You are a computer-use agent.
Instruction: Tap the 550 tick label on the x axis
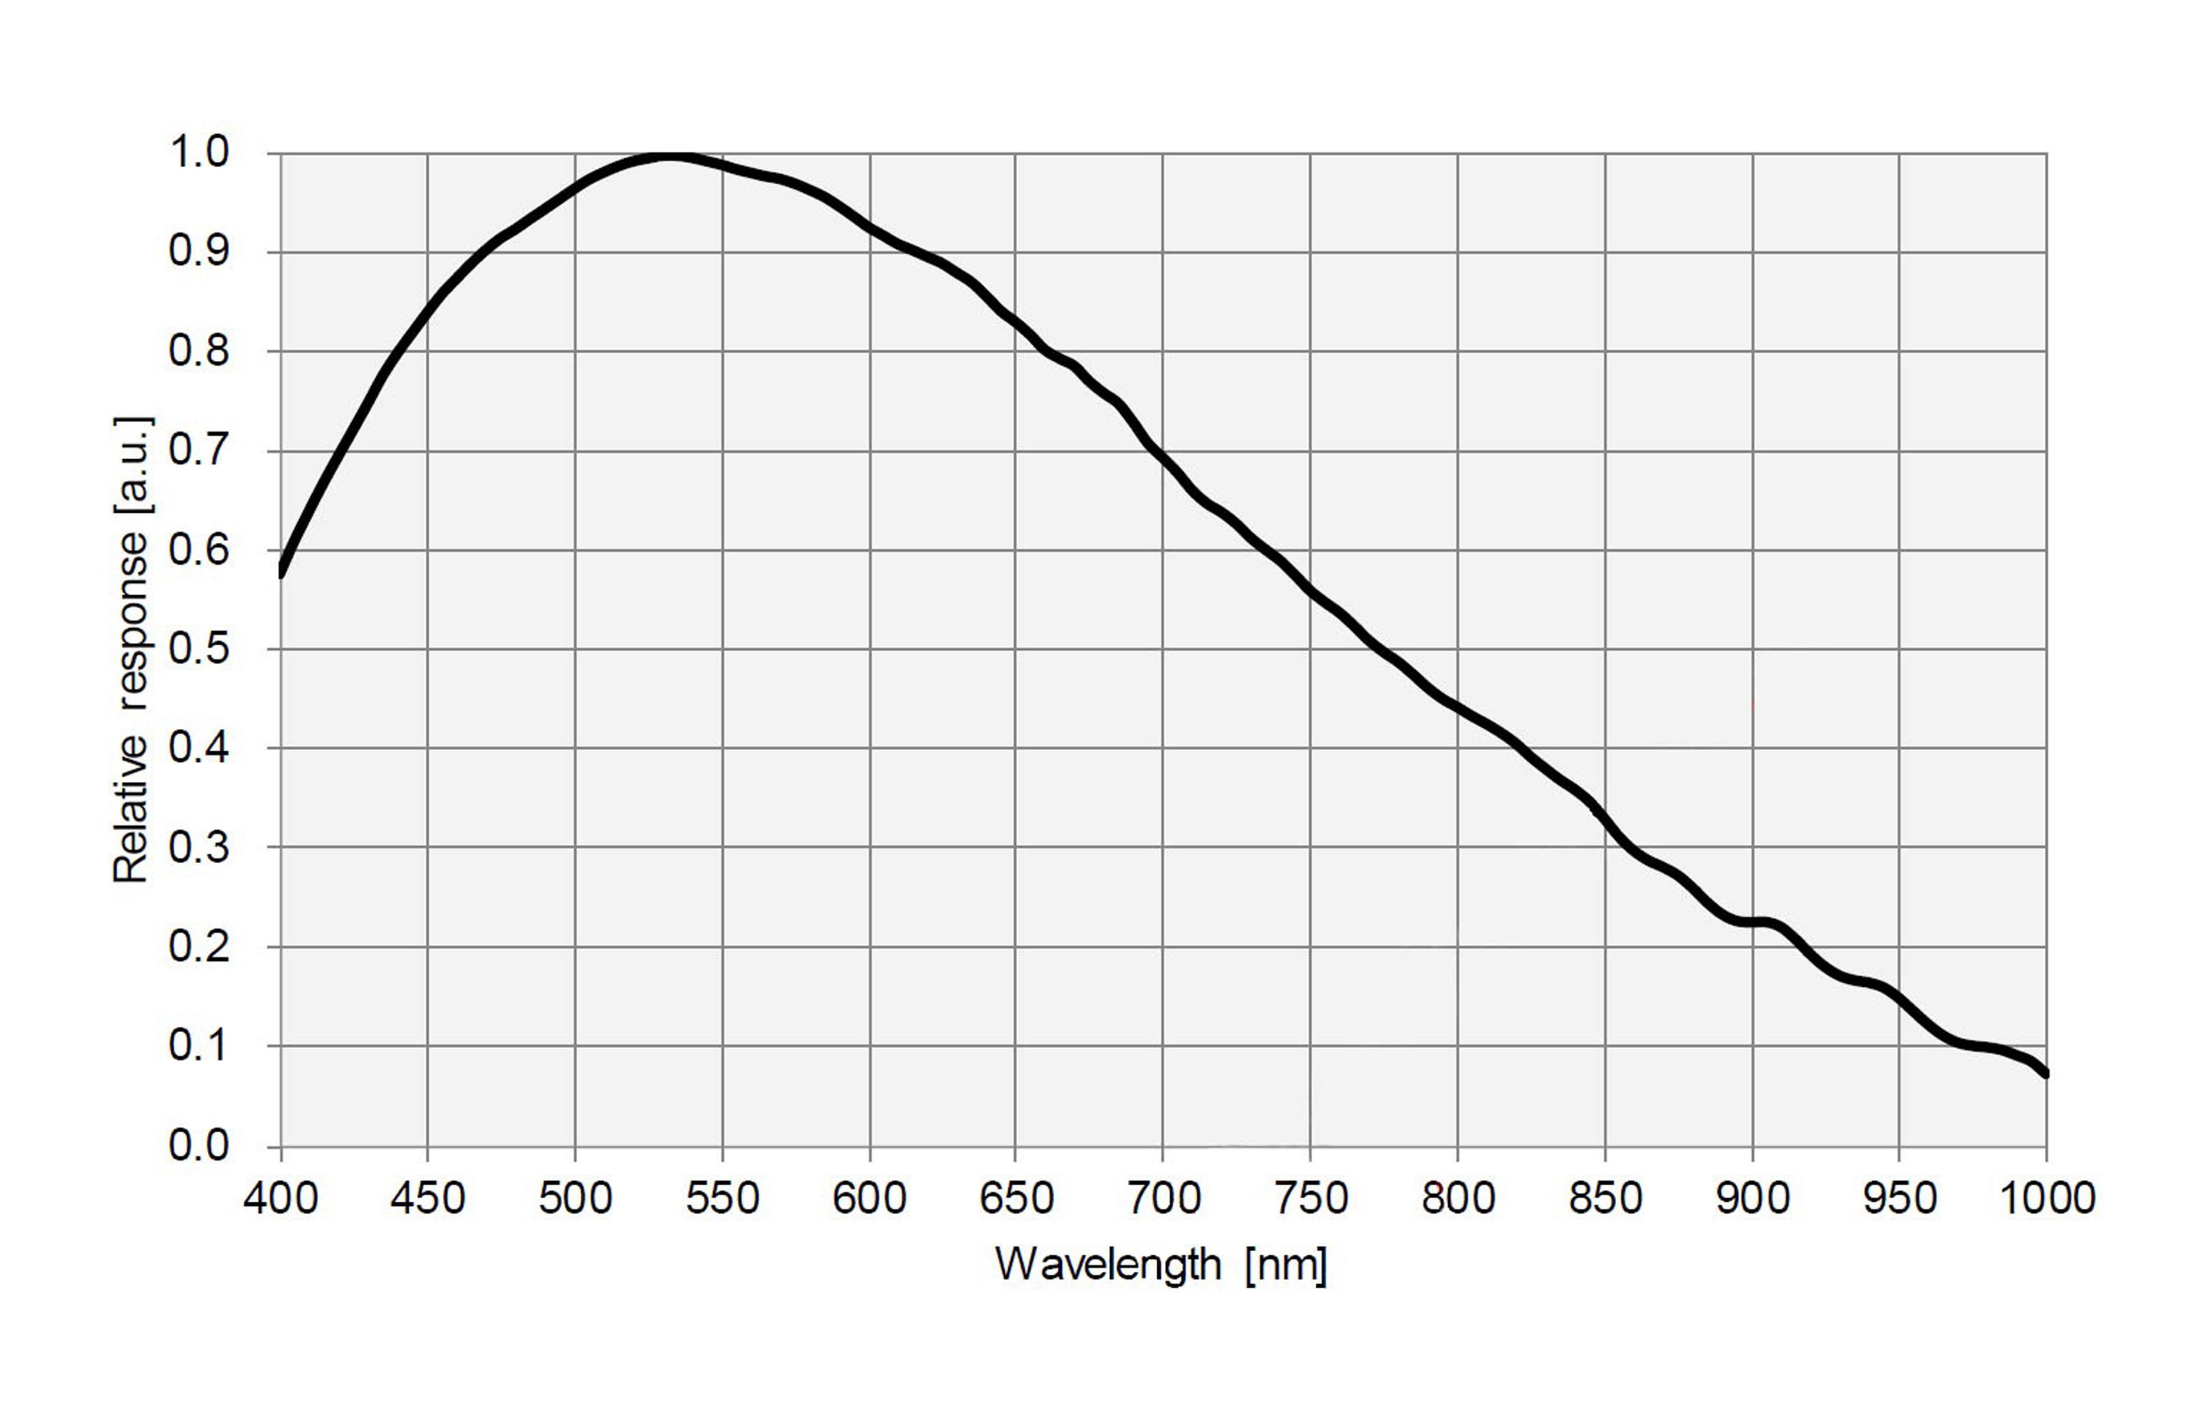point(722,1198)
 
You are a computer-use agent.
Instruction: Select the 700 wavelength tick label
point(1163,1198)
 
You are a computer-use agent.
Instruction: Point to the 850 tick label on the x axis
point(1604,1198)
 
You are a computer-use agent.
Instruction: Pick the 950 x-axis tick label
point(1899,1198)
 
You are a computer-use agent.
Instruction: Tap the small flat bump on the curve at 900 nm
point(1754,922)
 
